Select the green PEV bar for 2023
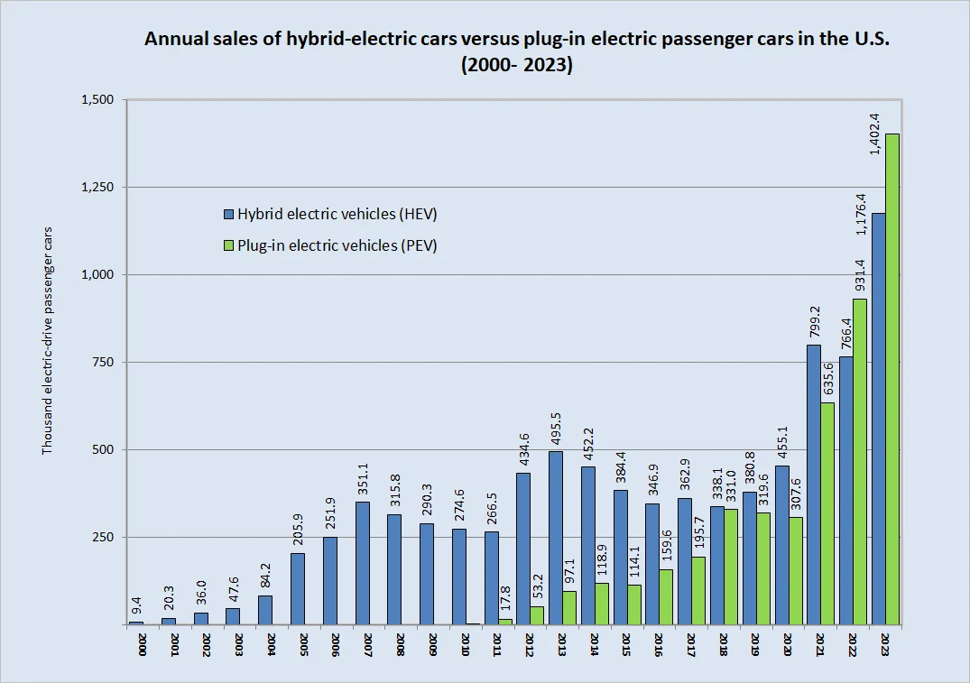coord(892,379)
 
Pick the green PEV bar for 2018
coord(731,567)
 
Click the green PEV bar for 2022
coord(860,461)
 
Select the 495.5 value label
coord(556,425)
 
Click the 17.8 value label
coord(505,598)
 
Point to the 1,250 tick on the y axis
coord(97,187)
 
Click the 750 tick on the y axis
coord(106,362)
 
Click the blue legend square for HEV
coord(228,214)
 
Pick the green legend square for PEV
coord(228,245)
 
